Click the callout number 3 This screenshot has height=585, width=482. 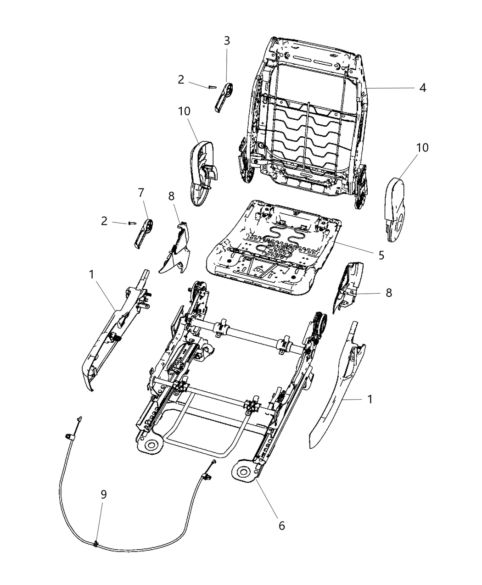click(227, 40)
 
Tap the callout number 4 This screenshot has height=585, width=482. click(423, 88)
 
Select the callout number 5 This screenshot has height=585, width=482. click(381, 255)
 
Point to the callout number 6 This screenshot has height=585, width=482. click(281, 525)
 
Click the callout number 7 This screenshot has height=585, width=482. click(141, 193)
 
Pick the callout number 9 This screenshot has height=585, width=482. click(104, 495)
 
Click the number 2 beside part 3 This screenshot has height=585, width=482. click(181, 80)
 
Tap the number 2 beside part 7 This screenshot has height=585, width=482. click(104, 221)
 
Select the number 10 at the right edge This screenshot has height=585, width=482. click(422, 148)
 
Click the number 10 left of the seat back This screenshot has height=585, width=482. click(185, 111)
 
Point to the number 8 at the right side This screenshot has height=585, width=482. click(389, 292)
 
